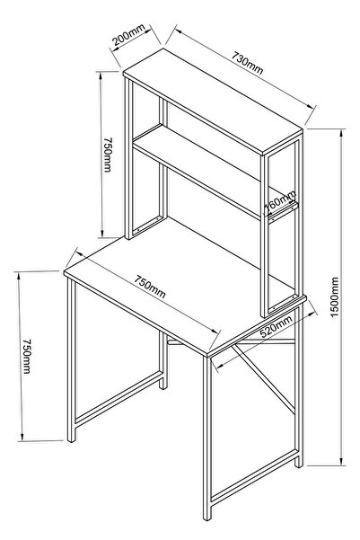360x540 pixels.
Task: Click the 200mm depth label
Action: coord(128,34)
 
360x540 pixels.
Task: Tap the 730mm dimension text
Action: coord(247,63)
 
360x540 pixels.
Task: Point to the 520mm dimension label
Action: coord(276,326)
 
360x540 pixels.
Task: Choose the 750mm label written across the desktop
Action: coord(150,287)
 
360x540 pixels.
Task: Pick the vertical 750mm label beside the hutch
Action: coord(108,155)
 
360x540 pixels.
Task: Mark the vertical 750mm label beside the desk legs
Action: coord(27,356)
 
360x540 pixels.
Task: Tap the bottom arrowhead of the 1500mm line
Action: coord(342,462)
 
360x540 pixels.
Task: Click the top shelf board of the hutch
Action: coord(213,102)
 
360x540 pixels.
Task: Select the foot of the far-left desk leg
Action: coord(71,438)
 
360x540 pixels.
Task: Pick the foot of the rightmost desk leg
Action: coord(299,464)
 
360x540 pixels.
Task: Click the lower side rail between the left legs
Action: coord(119,399)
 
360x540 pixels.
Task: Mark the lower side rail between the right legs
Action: coord(254,477)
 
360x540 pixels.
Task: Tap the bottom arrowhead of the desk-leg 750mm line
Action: coord(22,437)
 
